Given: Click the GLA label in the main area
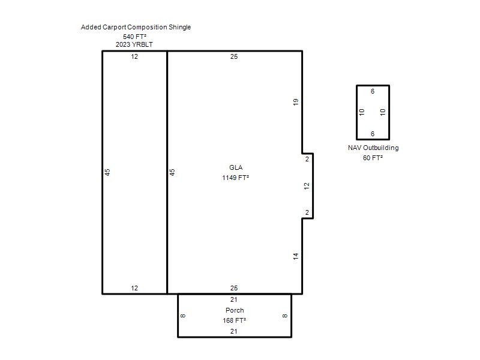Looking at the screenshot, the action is point(236,167).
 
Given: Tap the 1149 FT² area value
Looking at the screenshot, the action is point(235,178).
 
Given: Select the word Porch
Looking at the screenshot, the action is point(235,310).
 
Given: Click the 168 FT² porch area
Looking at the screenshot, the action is point(235,320).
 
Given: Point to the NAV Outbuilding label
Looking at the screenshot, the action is point(373,148).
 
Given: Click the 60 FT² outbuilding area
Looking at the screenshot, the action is point(373,158).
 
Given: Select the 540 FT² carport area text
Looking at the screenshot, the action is point(134,37).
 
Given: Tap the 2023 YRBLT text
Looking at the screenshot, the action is point(134,44).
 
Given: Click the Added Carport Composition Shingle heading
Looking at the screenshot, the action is point(136,27).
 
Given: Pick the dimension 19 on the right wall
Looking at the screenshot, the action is point(295,102).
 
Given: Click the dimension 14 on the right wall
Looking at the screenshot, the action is point(295,256).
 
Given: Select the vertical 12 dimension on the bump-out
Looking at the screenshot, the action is point(307,186).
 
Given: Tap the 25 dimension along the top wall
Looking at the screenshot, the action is point(234,56).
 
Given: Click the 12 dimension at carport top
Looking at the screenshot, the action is point(134,56).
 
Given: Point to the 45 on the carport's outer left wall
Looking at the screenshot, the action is point(107,172).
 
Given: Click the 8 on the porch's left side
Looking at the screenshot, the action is point(183,316).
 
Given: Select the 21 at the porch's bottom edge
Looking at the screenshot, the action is point(233,331).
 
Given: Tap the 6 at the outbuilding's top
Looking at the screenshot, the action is point(373,91).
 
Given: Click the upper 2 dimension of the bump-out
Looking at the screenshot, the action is point(307,159).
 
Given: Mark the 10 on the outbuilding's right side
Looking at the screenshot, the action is point(383,112).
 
